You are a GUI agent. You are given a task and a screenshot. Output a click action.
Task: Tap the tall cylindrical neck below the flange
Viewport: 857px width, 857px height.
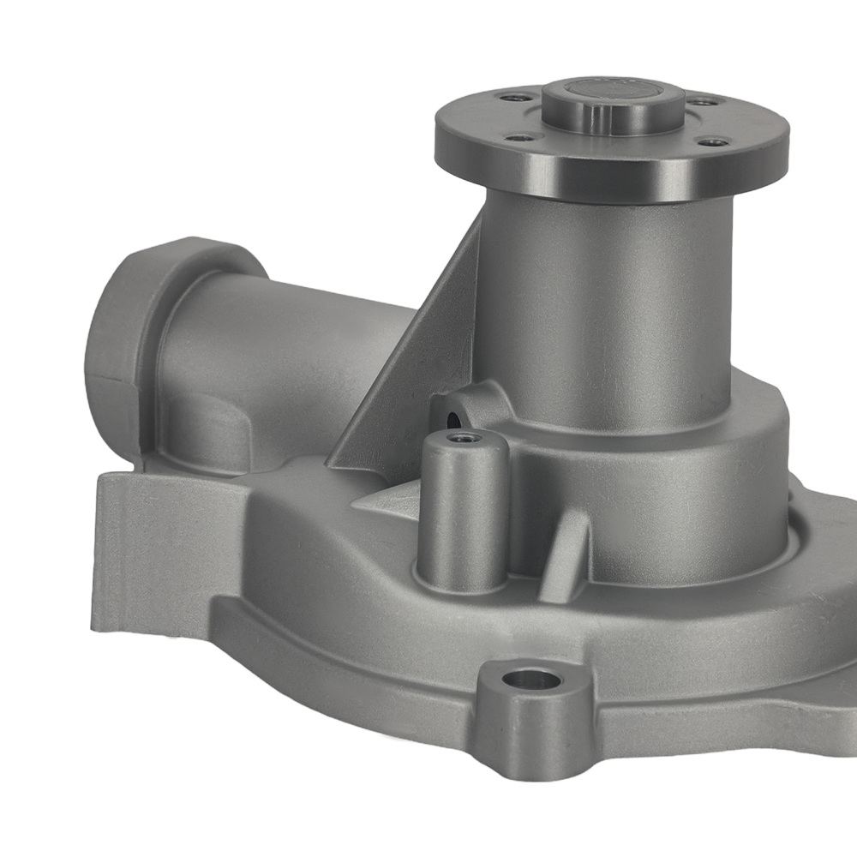(600, 309)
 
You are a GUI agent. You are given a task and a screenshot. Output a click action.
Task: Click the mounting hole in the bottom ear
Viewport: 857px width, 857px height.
(531, 682)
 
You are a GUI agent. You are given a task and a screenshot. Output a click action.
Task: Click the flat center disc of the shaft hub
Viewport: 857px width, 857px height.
(614, 90)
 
